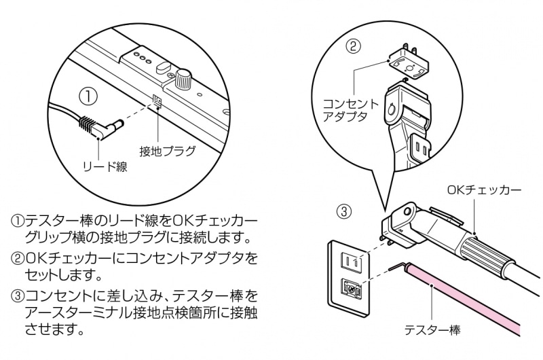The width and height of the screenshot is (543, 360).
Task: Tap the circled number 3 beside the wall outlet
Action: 345,211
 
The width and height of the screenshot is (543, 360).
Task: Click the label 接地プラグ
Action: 168,150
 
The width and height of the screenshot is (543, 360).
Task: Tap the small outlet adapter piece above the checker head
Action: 407,62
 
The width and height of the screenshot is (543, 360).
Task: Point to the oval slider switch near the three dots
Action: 162,66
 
